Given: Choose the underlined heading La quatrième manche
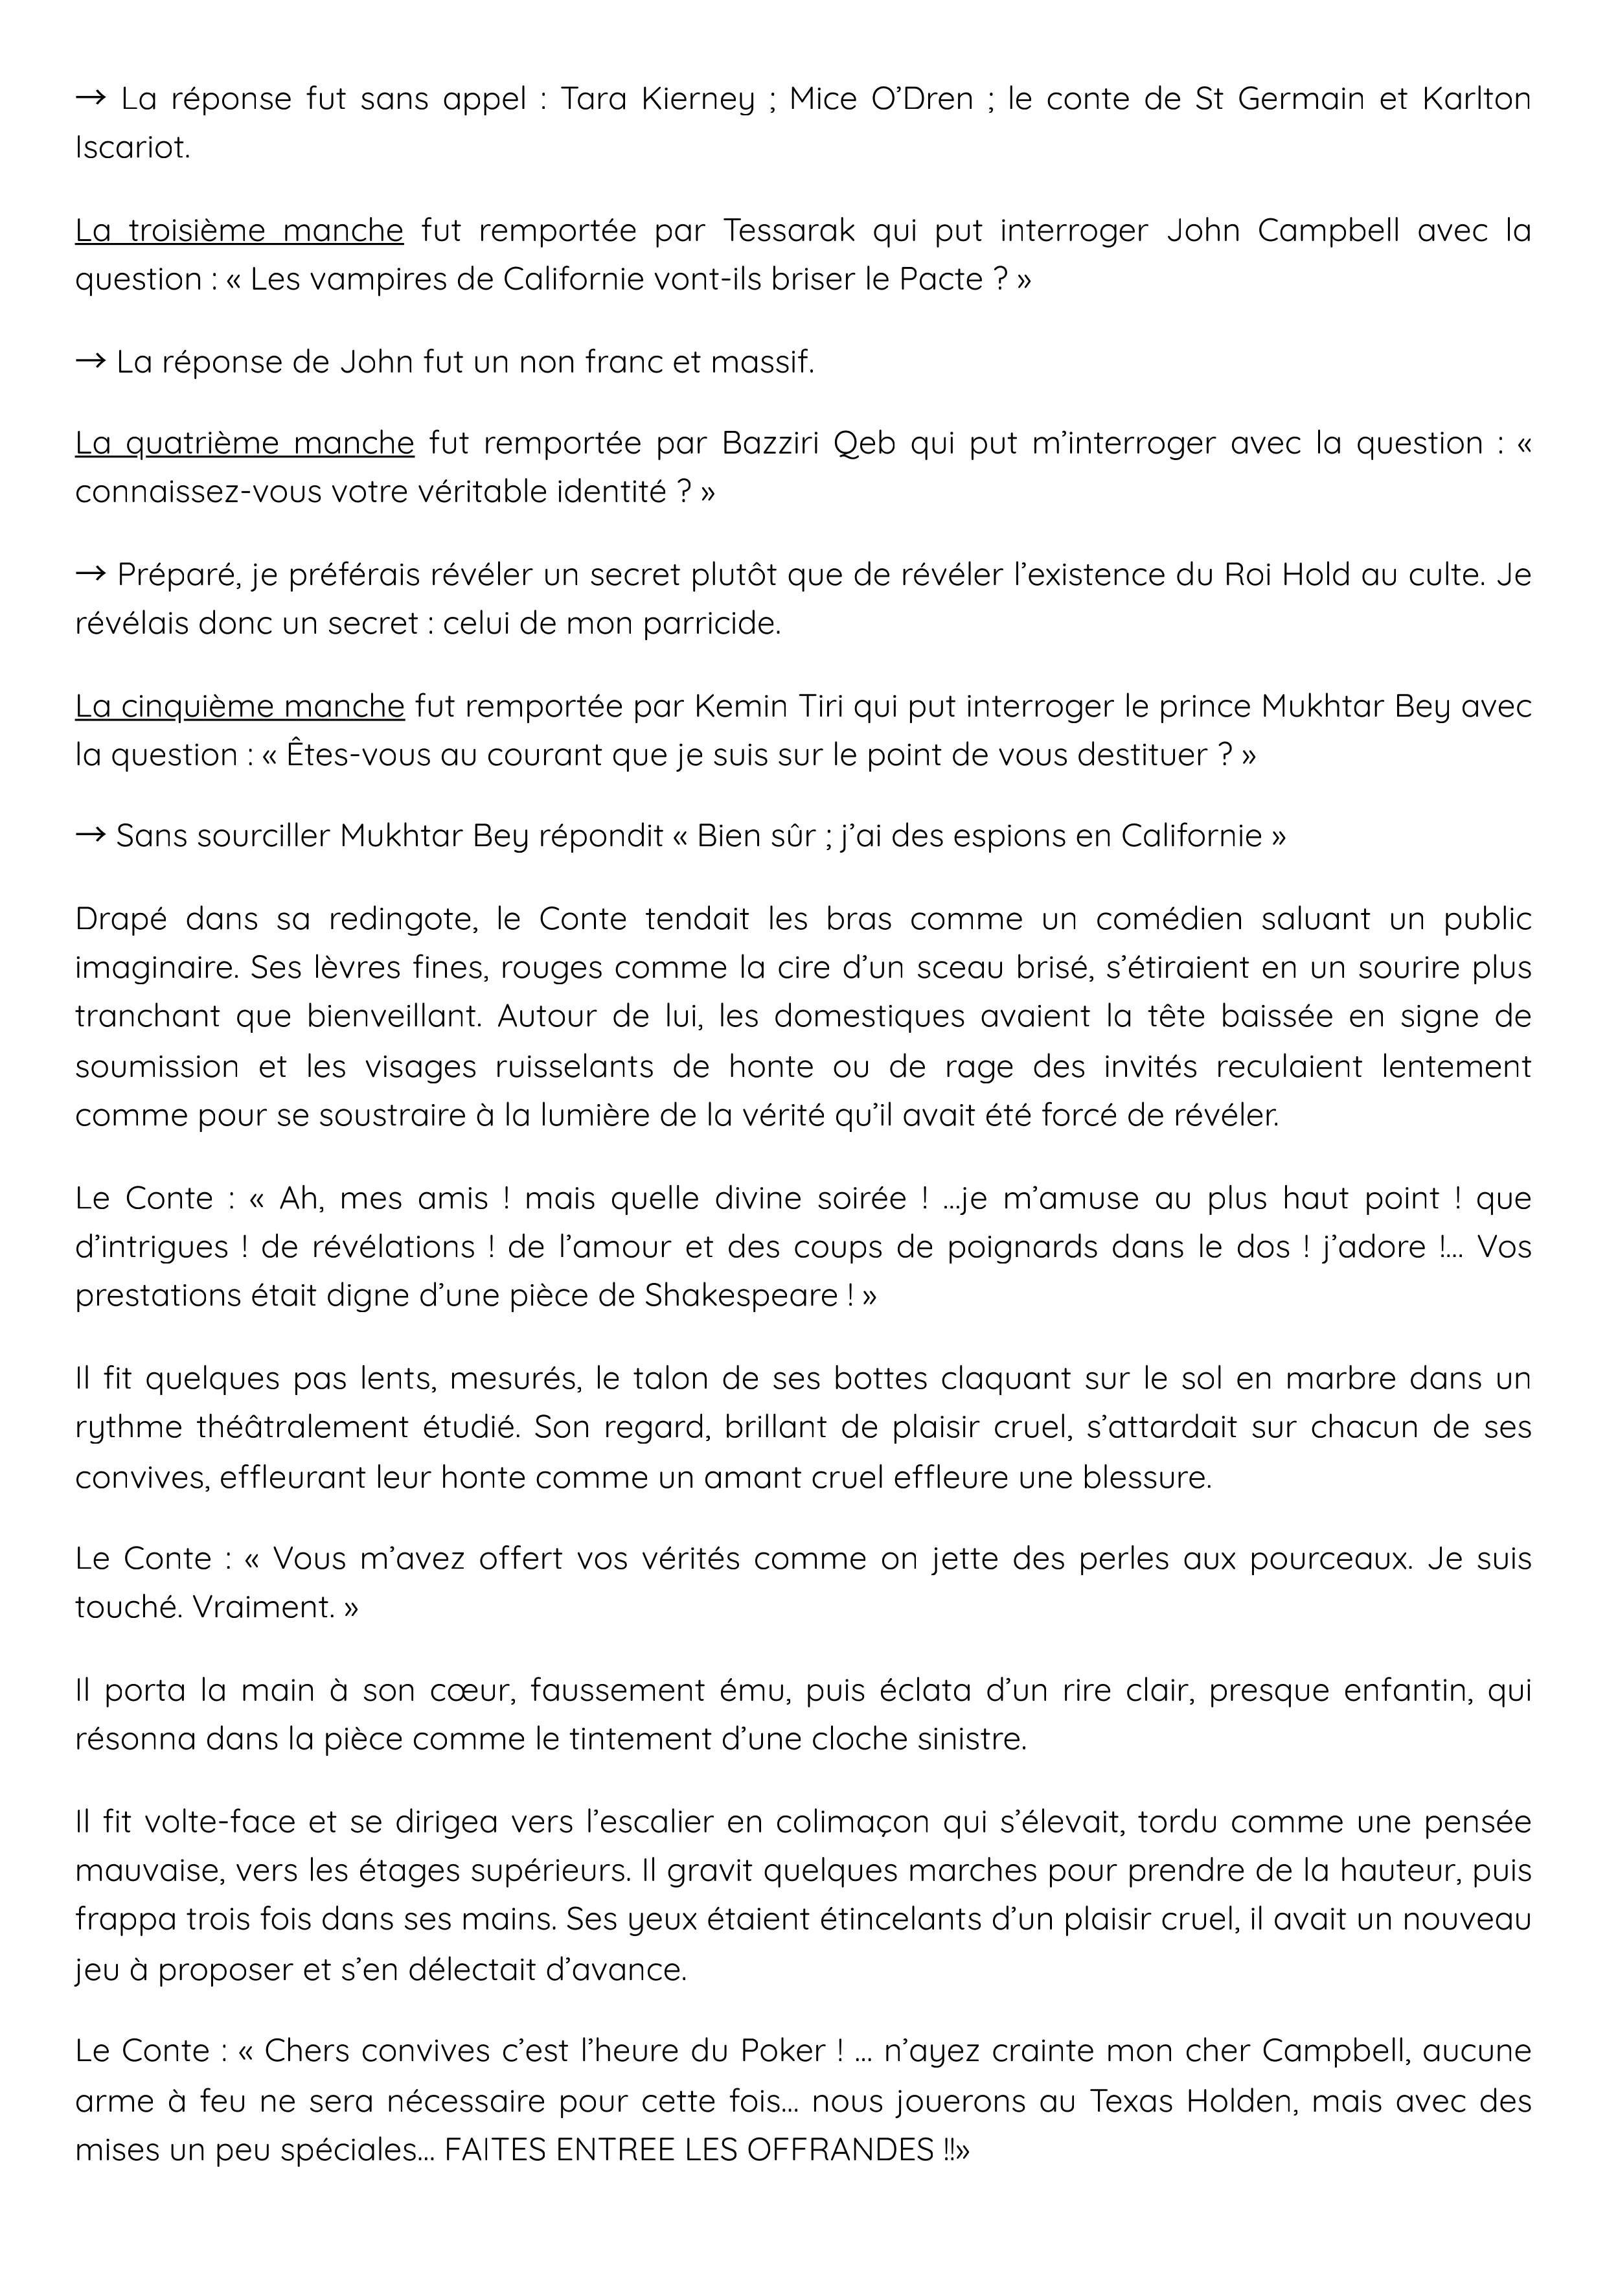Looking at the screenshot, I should (x=244, y=443).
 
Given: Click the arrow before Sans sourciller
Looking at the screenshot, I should (x=91, y=837).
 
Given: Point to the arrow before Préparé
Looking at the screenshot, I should (x=91, y=574).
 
